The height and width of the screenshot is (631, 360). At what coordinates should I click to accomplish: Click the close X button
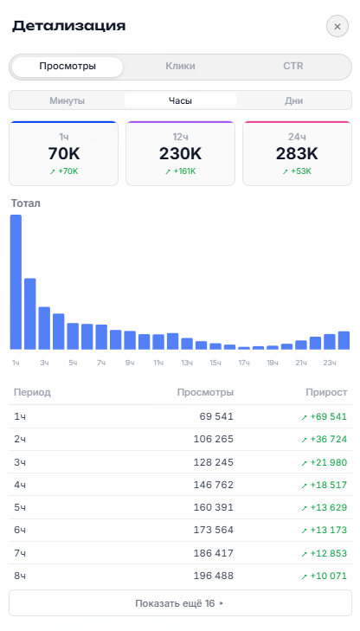click(x=337, y=27)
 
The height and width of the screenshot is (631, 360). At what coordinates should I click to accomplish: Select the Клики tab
click(x=180, y=66)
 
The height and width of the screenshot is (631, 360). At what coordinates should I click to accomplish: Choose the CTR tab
click(x=293, y=66)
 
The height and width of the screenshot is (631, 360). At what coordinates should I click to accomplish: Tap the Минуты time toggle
click(x=67, y=100)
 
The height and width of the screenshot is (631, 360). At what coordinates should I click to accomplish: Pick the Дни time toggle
click(x=293, y=100)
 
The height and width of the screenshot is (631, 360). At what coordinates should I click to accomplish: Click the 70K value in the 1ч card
click(x=64, y=154)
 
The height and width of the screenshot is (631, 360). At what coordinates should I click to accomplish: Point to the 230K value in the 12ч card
click(x=180, y=154)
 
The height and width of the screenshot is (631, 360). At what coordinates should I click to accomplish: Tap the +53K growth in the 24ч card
click(x=297, y=171)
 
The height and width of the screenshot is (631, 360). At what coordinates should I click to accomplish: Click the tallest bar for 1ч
click(x=16, y=282)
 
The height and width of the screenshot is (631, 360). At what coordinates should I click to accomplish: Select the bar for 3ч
click(x=44, y=328)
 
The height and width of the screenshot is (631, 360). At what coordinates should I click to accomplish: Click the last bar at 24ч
click(x=344, y=340)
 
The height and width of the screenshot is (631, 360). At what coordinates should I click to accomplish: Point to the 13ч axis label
click(x=187, y=363)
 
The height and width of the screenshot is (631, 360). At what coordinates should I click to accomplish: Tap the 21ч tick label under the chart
click(x=301, y=363)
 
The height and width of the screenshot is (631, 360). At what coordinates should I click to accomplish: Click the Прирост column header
click(x=326, y=392)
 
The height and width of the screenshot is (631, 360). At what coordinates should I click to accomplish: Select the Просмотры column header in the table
click(x=205, y=392)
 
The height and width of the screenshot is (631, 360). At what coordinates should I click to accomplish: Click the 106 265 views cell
click(x=213, y=439)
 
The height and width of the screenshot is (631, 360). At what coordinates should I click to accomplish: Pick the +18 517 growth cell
click(x=325, y=485)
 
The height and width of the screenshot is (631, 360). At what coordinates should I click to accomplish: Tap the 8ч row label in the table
click(x=20, y=576)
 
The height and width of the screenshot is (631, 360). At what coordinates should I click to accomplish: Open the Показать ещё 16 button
click(x=180, y=603)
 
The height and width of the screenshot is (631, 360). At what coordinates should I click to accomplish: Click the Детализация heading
click(x=68, y=26)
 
